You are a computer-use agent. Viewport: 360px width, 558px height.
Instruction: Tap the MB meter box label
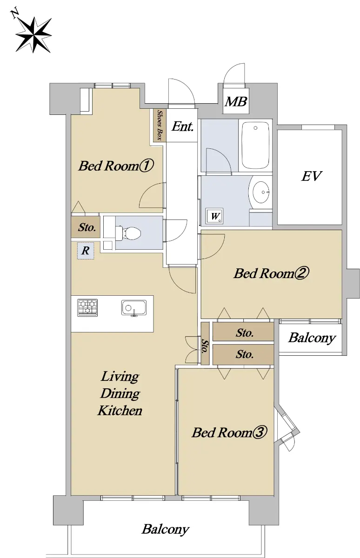pyautogui.click(x=236, y=102)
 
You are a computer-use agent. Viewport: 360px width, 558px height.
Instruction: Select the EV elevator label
pyautogui.click(x=312, y=176)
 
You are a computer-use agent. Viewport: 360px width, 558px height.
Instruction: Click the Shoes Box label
pyautogui.click(x=160, y=125)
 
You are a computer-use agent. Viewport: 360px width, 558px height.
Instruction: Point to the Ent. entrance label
pyautogui.click(x=182, y=126)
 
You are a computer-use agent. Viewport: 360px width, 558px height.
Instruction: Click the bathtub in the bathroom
pyautogui.click(x=255, y=146)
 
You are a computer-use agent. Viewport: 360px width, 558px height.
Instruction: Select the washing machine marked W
pyautogui.click(x=214, y=216)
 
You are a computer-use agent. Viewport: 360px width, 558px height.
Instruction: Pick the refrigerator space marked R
pyautogui.click(x=86, y=251)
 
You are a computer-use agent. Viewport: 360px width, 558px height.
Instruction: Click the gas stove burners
pyautogui.click(x=87, y=308)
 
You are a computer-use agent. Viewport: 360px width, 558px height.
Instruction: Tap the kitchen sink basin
pyautogui.click(x=134, y=308)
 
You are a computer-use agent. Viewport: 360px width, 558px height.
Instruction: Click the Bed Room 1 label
pyautogui.click(x=116, y=166)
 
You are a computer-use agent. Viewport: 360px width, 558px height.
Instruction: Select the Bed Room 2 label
pyautogui.click(x=271, y=273)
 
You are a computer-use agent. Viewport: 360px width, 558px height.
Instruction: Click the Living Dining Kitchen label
pyautogui.click(x=120, y=393)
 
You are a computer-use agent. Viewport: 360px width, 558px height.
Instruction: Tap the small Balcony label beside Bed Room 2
pyautogui.click(x=312, y=339)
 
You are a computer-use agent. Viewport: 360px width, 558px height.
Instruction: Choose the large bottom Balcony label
pyautogui.click(x=166, y=529)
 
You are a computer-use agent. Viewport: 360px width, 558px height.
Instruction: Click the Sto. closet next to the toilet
pyautogui.click(x=86, y=227)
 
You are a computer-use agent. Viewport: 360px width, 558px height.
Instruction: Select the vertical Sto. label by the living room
pyautogui.click(x=205, y=346)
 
